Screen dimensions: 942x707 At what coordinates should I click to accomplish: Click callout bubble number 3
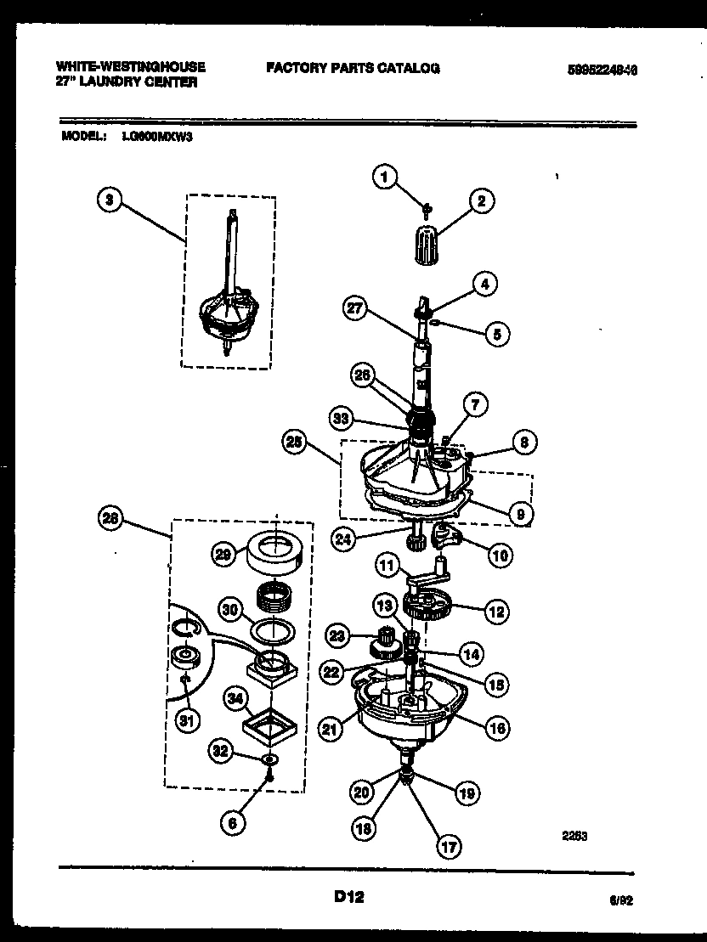(x=107, y=200)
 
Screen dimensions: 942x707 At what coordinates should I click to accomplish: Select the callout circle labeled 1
(x=384, y=177)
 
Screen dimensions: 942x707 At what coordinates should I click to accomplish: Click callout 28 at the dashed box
(x=111, y=519)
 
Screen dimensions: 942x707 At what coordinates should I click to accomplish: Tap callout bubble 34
(x=236, y=698)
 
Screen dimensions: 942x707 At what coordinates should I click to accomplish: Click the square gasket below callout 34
(x=274, y=726)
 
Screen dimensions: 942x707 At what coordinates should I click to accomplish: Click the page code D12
(x=348, y=896)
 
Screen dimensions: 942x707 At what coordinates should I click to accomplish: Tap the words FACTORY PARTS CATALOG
(x=353, y=68)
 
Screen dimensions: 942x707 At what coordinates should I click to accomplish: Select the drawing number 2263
(x=574, y=836)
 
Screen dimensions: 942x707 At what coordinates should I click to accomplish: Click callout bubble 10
(x=501, y=556)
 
